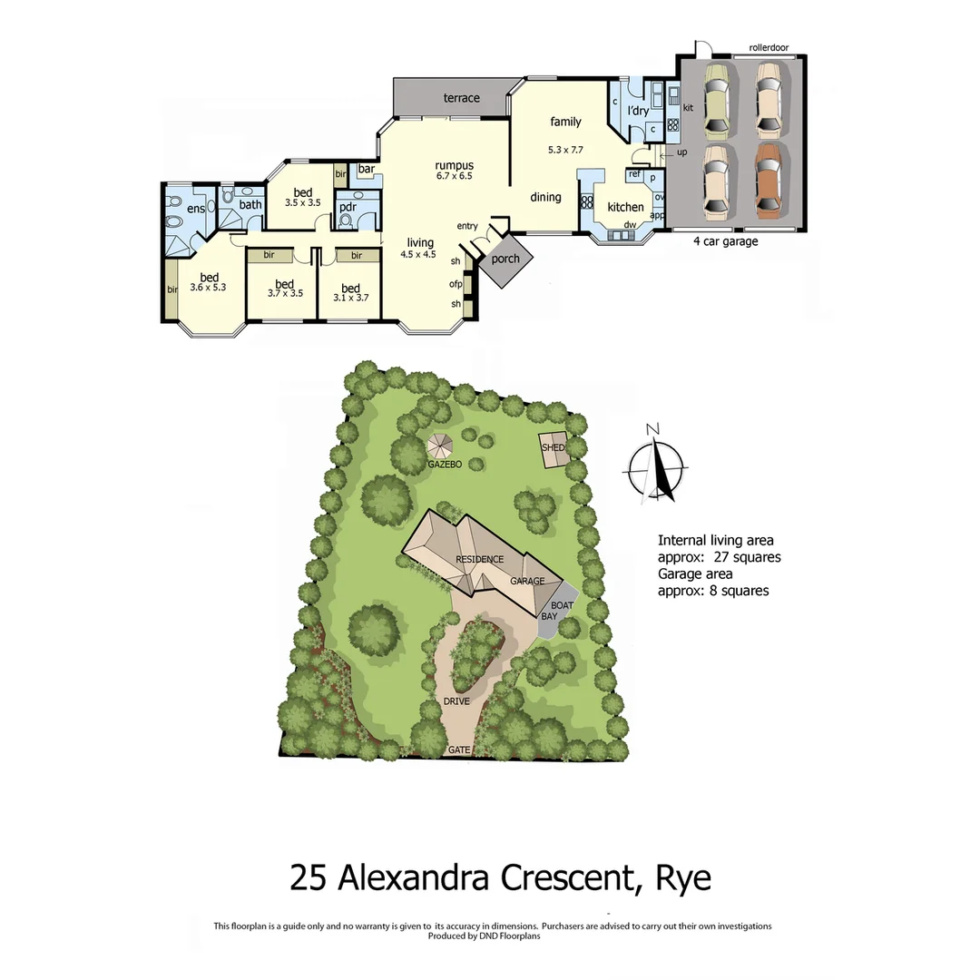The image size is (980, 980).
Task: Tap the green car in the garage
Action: pyautogui.click(x=716, y=97)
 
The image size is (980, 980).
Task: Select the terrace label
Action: pyautogui.click(x=461, y=98)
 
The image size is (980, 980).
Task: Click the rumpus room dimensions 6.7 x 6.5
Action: pyautogui.click(x=454, y=176)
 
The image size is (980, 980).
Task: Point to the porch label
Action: pyautogui.click(x=505, y=259)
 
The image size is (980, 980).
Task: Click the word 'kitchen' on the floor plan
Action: pyautogui.click(x=625, y=207)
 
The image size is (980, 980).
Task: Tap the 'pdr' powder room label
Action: pyautogui.click(x=347, y=206)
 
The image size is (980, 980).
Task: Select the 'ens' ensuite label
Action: pyautogui.click(x=196, y=210)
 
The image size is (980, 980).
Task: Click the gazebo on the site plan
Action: pyautogui.click(x=440, y=446)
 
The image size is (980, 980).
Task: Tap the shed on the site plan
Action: pyautogui.click(x=554, y=448)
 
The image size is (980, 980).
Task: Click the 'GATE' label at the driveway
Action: pyautogui.click(x=459, y=750)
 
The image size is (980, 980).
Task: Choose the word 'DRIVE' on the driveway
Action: pyautogui.click(x=456, y=701)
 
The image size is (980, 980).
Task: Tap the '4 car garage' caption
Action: pyautogui.click(x=725, y=241)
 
